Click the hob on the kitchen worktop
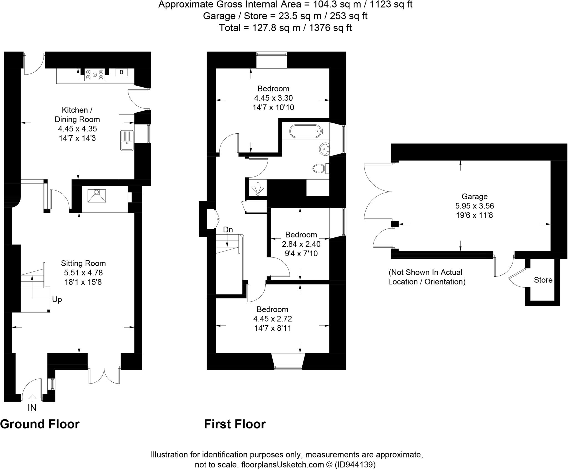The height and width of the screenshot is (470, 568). [x=95, y=75]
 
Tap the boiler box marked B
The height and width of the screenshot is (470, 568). [x=121, y=72]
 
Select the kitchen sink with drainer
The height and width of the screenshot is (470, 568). [x=127, y=140]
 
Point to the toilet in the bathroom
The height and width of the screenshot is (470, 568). [x=319, y=168]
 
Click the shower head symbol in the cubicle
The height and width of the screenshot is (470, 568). [x=258, y=189]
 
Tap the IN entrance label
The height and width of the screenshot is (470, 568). [x=32, y=408]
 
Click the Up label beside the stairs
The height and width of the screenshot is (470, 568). [x=57, y=299]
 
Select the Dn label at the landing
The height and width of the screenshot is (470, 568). [x=228, y=230]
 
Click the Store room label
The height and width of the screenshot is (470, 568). [x=543, y=280]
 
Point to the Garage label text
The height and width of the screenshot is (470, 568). [x=474, y=196]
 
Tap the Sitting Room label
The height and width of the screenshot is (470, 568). [x=83, y=263]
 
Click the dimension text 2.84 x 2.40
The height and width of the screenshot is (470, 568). [x=301, y=244]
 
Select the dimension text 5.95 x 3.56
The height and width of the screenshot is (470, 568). [x=474, y=206]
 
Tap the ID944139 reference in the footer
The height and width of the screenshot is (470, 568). [x=355, y=464]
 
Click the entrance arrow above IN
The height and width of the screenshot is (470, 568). [x=32, y=398]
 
